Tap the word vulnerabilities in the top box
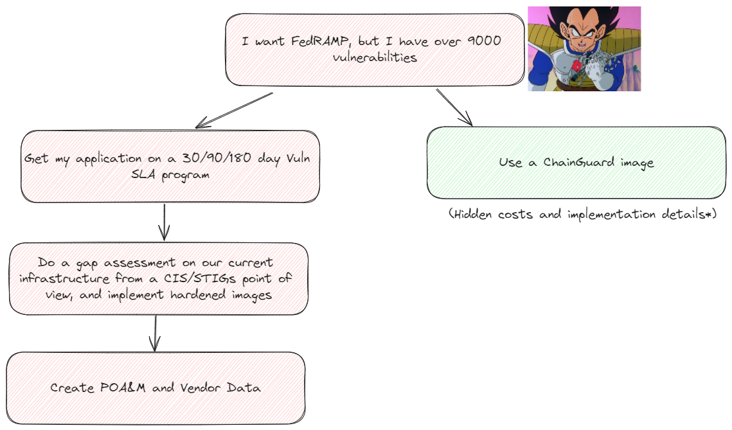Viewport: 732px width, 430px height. (x=375, y=57)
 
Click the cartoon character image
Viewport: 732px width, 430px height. (x=584, y=49)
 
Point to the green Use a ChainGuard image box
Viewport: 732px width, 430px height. (x=576, y=163)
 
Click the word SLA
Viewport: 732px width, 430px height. (x=145, y=175)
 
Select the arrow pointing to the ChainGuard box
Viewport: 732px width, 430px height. (x=454, y=107)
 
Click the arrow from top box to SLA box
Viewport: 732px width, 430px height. (x=235, y=109)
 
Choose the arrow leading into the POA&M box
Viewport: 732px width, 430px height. (x=154, y=333)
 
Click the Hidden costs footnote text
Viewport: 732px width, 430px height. (x=582, y=214)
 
